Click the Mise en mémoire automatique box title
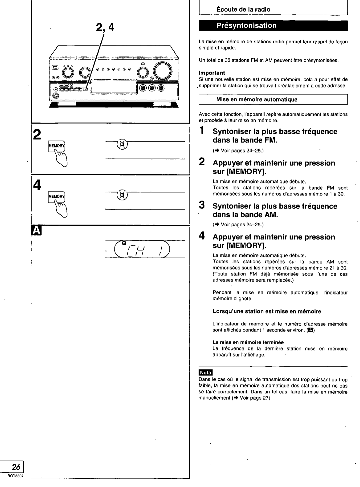coord(257,99)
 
